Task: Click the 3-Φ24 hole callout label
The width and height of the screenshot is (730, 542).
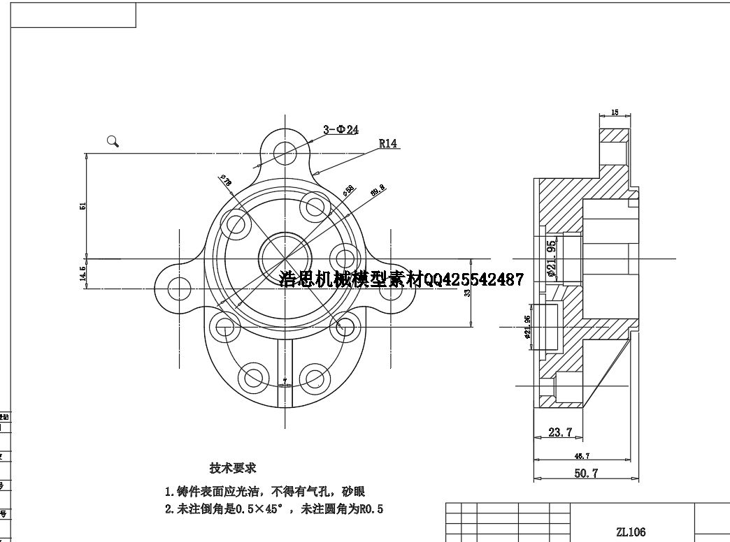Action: tap(341, 129)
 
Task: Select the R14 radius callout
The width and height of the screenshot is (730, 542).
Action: tap(388, 143)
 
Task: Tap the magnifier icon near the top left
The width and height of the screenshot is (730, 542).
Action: tap(113, 141)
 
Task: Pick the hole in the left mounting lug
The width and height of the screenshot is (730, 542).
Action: tap(180, 288)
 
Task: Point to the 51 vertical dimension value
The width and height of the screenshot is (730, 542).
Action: tap(83, 206)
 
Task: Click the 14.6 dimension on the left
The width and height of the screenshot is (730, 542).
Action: tap(83, 273)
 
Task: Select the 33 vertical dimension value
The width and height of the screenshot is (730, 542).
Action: tap(467, 292)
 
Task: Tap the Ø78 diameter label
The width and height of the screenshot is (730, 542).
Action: tap(227, 182)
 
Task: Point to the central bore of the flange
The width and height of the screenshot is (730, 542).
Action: tap(285, 257)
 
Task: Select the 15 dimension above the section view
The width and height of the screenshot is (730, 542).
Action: tap(615, 112)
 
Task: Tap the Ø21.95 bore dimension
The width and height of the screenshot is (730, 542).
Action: tap(552, 259)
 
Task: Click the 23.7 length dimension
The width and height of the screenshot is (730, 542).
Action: tap(561, 433)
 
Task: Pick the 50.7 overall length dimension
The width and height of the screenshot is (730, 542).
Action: tap(586, 474)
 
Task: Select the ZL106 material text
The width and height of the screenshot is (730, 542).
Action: tap(631, 532)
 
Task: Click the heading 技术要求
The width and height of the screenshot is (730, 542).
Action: tap(233, 468)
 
